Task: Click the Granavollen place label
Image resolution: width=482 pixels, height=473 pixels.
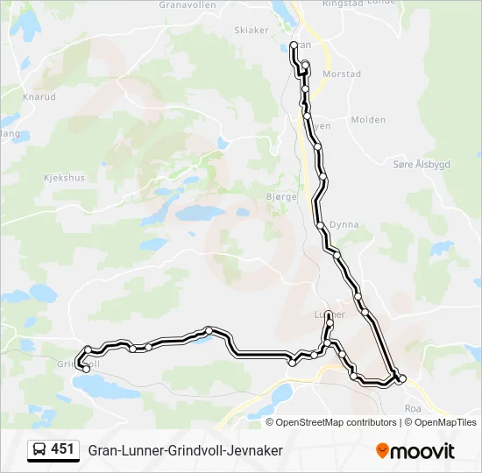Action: point(187,4)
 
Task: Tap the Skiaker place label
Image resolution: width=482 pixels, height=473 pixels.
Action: point(252,30)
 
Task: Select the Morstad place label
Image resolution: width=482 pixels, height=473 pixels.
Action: point(342,74)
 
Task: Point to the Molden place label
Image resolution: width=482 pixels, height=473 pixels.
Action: point(368,120)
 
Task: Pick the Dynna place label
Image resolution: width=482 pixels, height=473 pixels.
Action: point(344,225)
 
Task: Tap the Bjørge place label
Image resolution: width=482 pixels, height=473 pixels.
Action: point(281,197)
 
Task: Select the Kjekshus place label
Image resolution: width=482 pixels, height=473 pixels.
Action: point(63,177)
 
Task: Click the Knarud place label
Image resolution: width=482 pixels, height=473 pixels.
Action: point(40,96)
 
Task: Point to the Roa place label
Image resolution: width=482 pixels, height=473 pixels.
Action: point(414,409)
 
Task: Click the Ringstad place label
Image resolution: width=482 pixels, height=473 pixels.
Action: point(342,4)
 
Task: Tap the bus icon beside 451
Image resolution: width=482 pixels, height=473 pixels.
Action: point(39,450)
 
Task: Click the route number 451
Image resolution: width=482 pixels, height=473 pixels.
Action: point(63,450)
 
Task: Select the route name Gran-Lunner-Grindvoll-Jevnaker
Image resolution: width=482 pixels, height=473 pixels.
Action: point(185,450)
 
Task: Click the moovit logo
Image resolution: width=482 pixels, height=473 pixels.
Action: point(415,450)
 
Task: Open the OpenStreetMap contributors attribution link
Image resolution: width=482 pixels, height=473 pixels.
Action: point(337,422)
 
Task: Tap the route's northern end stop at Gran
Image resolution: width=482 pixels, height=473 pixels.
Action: point(294,45)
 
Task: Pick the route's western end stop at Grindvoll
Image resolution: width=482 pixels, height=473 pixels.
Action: point(86,369)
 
